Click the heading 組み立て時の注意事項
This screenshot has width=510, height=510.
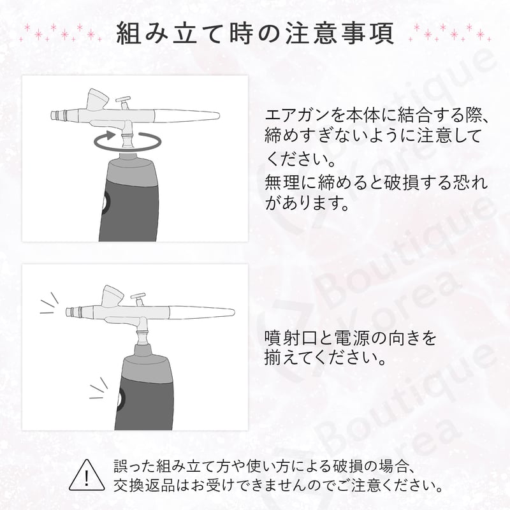pos(255,33)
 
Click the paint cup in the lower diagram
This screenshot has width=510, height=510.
pos(112,295)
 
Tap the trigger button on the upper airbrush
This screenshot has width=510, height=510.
pos(125,101)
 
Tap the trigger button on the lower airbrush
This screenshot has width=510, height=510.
pos(138,295)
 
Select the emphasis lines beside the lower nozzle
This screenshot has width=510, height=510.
pos(48,303)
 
